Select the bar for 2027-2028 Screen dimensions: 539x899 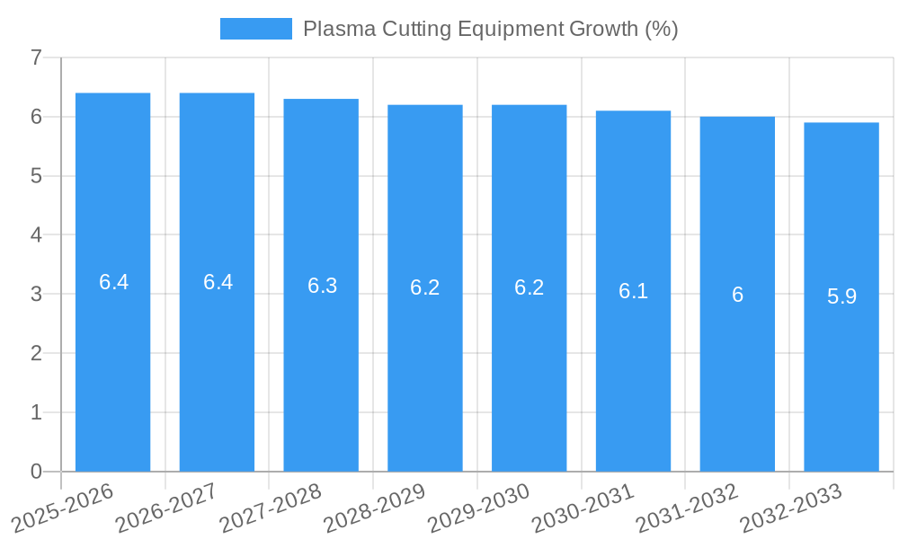tap(321, 377)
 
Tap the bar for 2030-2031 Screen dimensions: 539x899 tap(633, 377)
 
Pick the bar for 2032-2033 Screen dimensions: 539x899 tap(841, 377)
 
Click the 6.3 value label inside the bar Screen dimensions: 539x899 tap(322, 286)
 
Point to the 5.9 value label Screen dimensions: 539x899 tap(841, 296)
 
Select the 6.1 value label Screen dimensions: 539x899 tap(633, 291)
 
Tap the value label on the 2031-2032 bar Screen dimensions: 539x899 tap(737, 295)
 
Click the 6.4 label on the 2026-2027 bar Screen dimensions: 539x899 tap(218, 282)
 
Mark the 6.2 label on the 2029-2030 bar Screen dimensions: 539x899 tap(529, 287)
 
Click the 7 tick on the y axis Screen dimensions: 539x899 tap(36, 58)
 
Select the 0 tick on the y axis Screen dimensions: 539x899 tap(36, 472)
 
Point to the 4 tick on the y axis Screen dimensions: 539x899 tap(36, 235)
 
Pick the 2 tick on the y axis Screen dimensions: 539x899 tap(36, 354)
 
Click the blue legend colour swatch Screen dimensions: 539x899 tap(256, 29)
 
